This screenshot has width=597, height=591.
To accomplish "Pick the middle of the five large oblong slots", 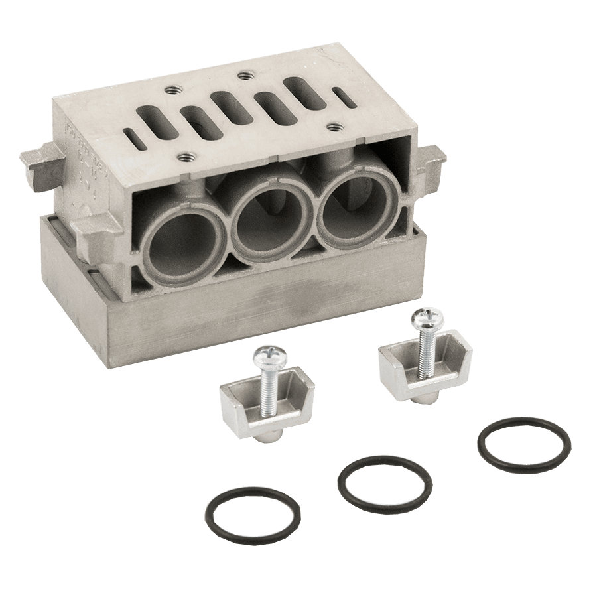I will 229,107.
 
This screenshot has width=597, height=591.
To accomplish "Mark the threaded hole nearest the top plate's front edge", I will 185,158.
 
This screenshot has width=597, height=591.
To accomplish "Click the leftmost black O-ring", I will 251,515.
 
